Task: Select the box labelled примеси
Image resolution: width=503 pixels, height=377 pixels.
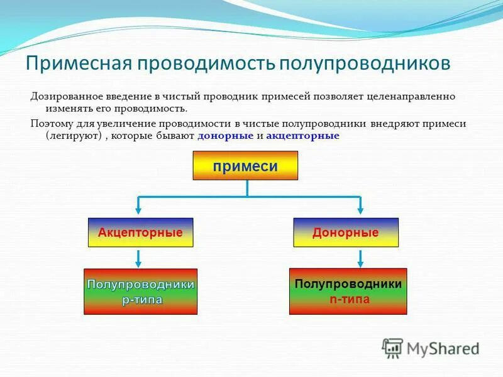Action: click(245, 166)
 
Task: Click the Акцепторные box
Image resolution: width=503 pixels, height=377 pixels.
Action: click(140, 232)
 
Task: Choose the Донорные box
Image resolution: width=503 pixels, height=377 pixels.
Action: click(346, 232)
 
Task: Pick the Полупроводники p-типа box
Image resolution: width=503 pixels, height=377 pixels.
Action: click(140, 292)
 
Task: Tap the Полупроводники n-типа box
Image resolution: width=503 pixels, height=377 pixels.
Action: click(348, 291)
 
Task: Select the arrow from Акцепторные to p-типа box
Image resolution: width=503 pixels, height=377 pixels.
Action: click(138, 258)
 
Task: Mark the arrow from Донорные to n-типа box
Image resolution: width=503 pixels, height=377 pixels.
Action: click(360, 258)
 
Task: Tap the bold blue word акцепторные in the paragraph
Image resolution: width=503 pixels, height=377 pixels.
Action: click(302, 136)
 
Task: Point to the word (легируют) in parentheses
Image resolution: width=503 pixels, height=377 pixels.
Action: click(71, 136)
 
